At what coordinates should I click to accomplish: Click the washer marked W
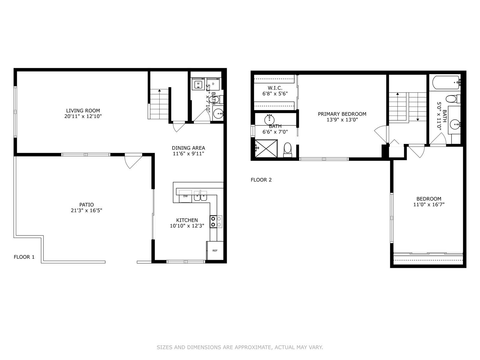point(198,84)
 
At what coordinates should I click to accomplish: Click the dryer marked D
point(213,84)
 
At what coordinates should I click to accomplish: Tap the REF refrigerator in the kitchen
point(215,250)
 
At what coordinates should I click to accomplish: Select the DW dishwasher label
point(185,196)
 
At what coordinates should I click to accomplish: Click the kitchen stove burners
point(216,222)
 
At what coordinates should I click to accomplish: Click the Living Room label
point(83,111)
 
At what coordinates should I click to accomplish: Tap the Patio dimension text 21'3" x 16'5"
point(86,211)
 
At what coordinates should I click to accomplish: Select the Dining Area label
point(188,148)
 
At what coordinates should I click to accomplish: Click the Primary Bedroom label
point(342,114)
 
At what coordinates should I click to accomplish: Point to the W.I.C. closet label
point(275,88)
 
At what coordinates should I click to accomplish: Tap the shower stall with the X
point(266,148)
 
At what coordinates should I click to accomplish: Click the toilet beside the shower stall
point(288,150)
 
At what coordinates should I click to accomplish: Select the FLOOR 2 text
point(261,180)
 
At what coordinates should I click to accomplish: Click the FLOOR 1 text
point(24,257)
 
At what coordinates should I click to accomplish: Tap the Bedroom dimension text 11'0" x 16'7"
point(429,205)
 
